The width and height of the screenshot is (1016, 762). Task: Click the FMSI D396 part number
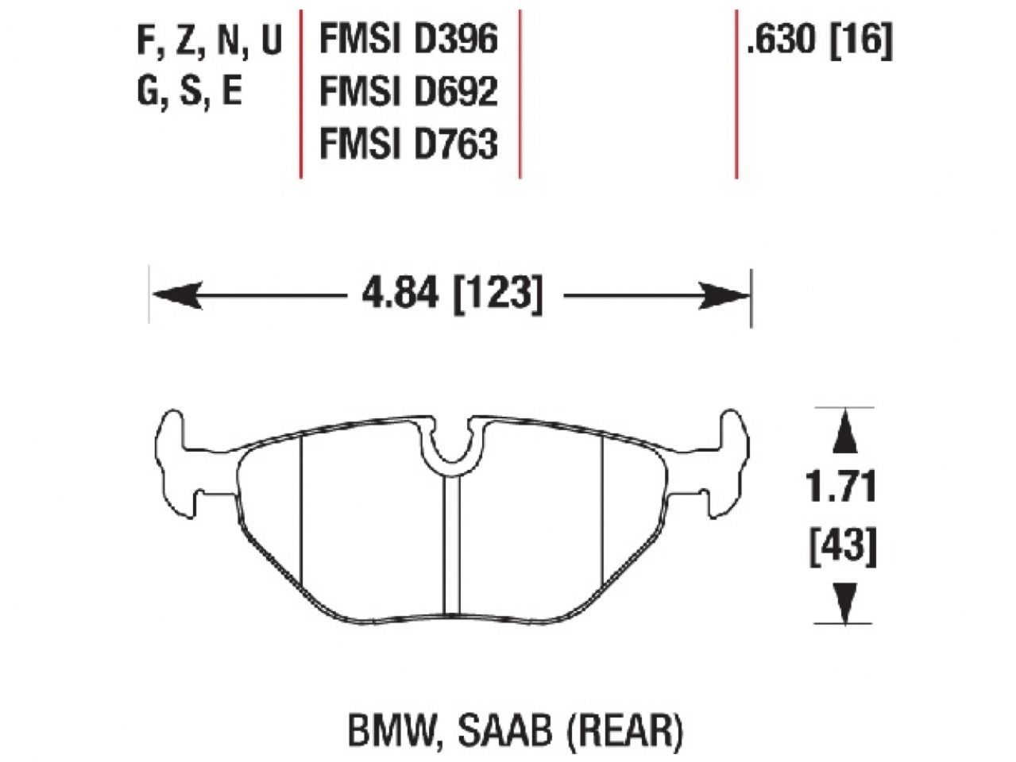[408, 40]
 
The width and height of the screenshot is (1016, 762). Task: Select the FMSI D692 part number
[408, 91]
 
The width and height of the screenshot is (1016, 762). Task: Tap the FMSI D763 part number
[408, 144]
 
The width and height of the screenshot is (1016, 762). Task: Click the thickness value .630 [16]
[819, 40]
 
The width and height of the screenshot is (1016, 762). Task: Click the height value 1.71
[842, 487]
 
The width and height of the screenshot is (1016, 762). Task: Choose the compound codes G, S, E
[190, 92]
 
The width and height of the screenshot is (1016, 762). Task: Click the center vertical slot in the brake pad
[451, 548]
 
